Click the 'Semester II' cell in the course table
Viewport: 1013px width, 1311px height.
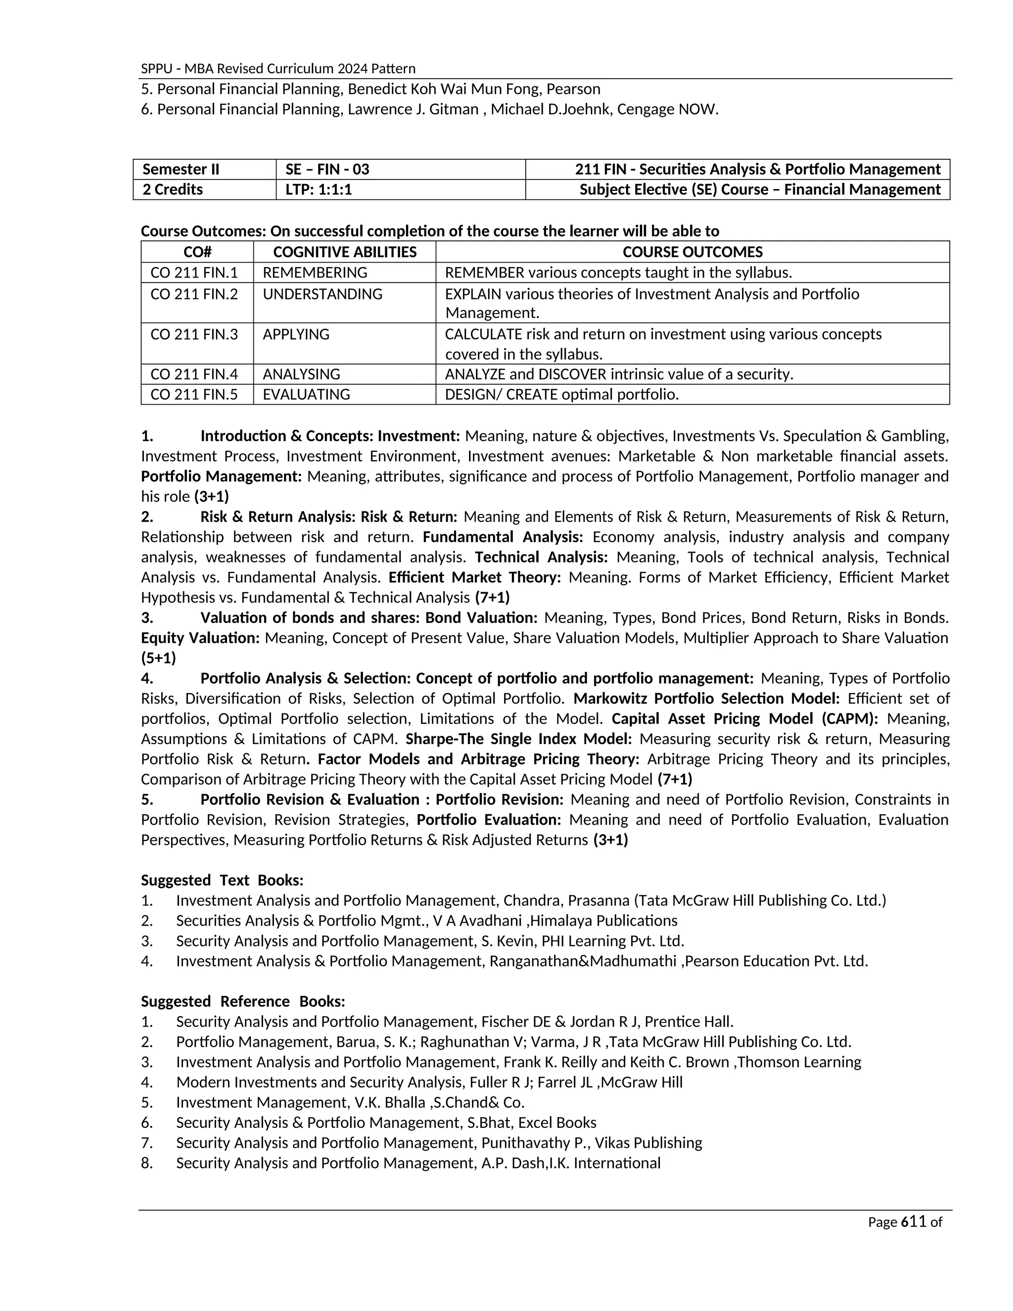(181, 169)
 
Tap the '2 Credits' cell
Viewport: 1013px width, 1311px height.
(173, 189)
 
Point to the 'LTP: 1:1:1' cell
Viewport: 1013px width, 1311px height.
(319, 189)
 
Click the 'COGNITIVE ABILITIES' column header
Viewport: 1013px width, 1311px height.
(344, 252)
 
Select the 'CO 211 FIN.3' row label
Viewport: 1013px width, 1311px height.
(194, 334)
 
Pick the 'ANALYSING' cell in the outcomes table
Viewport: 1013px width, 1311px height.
(301, 375)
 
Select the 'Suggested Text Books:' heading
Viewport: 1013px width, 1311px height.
(222, 881)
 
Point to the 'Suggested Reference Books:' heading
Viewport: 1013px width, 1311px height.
(243, 1001)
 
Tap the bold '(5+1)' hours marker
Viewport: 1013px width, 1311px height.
(158, 658)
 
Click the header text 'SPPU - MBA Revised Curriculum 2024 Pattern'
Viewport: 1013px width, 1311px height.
(278, 68)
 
